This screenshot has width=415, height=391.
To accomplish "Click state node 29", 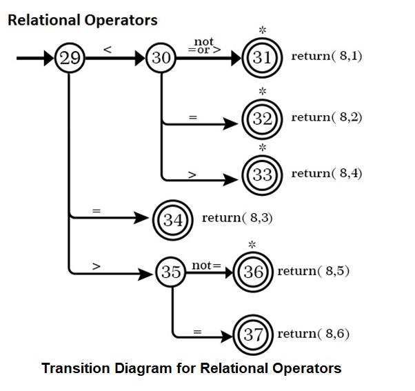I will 70,58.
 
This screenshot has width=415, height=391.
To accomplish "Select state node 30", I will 161,58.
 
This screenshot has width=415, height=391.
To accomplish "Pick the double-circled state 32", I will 262,119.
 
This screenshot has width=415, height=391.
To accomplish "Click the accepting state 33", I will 262,174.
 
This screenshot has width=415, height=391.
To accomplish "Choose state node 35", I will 171,272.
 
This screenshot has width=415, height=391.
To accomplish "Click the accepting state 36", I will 254,272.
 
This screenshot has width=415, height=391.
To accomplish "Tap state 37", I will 254,335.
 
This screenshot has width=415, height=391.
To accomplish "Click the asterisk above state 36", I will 252,245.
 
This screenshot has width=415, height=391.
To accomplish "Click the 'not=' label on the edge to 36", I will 207,265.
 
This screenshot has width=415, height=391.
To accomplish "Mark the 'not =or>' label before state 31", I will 204,46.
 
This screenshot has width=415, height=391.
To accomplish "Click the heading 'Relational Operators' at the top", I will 82,20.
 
